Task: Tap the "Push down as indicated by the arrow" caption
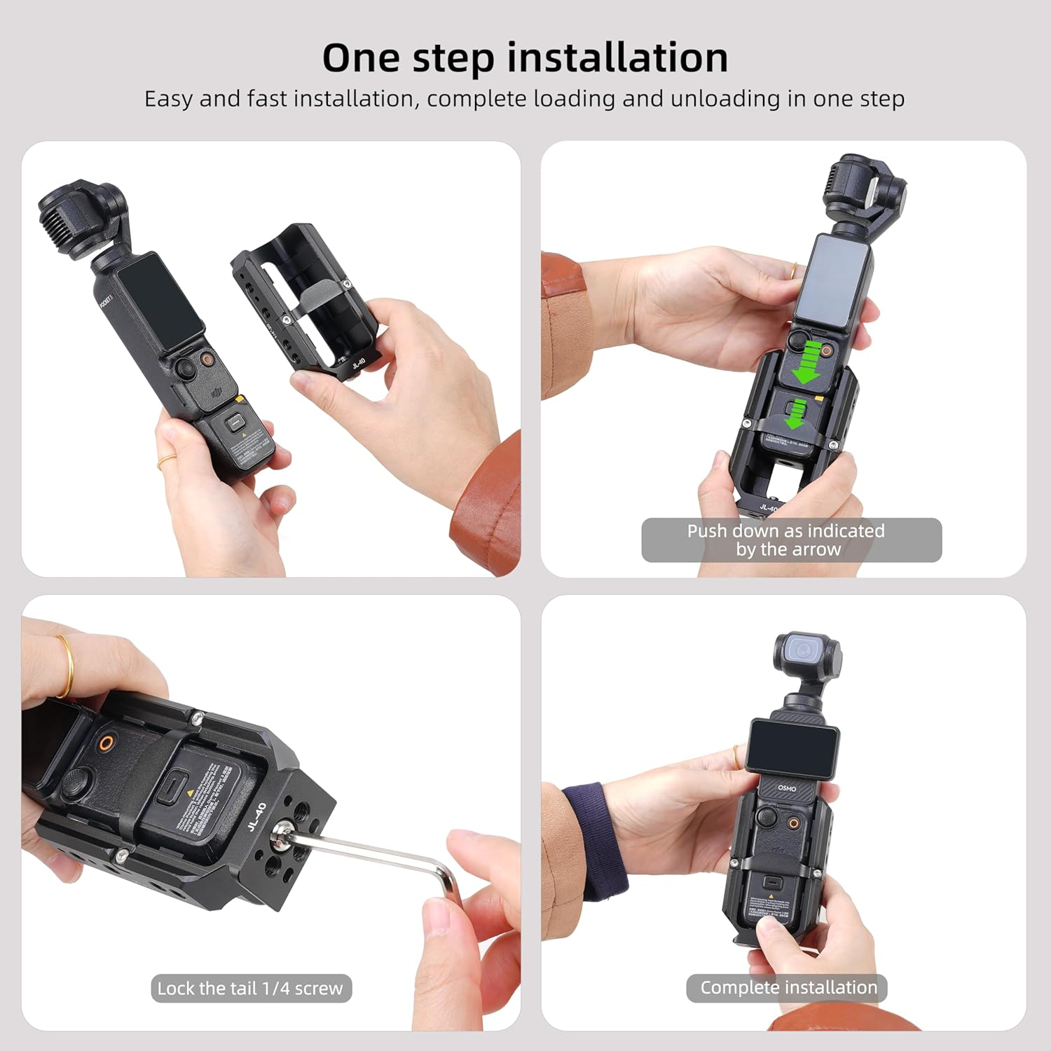(790, 540)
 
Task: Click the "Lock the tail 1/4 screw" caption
(250, 988)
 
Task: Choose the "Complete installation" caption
(788, 987)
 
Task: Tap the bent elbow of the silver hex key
(441, 876)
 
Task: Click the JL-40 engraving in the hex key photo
(256, 816)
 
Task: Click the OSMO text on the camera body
(787, 788)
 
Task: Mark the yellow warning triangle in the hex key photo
(189, 793)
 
